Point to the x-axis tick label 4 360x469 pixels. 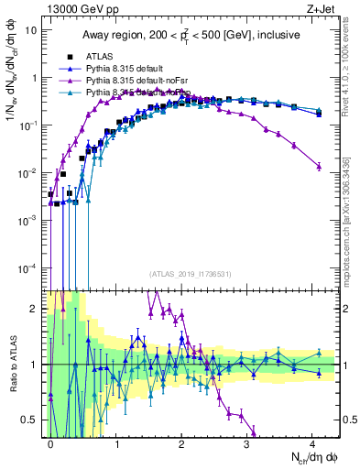(312, 442)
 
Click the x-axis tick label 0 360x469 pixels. (50, 442)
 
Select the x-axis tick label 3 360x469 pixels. (247, 442)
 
